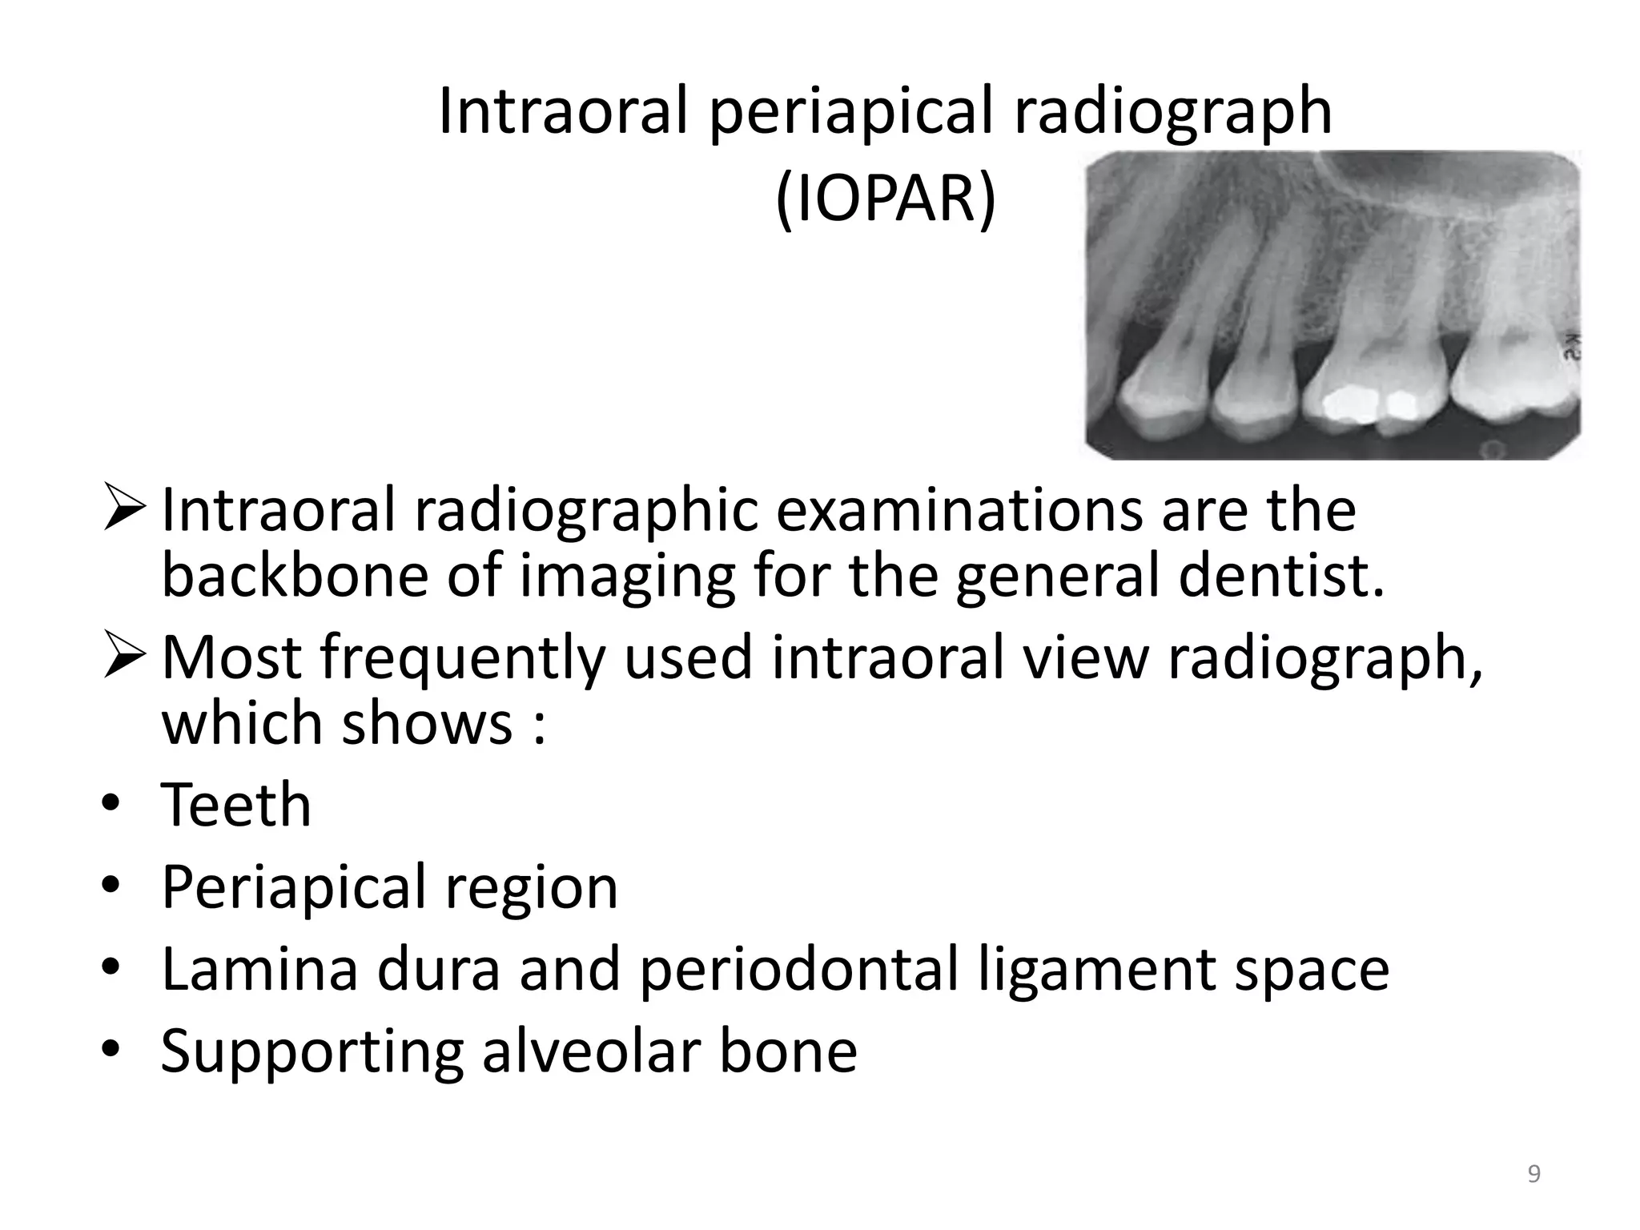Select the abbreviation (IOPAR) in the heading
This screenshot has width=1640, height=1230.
[x=886, y=198]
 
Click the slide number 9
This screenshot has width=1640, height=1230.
[x=1533, y=1174]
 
